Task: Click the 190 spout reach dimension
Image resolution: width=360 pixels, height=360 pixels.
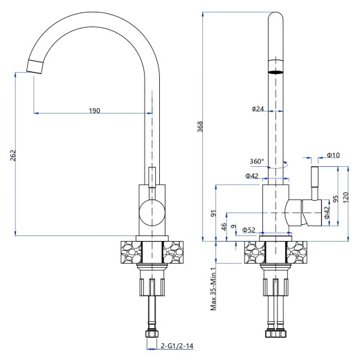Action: coord(95,111)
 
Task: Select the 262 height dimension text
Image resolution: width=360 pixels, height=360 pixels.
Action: coord(13,155)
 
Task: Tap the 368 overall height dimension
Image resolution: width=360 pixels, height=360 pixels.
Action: coord(200,127)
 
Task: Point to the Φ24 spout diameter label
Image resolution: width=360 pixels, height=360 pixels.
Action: coord(258,109)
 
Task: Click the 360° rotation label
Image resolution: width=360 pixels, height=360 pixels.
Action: coord(257,161)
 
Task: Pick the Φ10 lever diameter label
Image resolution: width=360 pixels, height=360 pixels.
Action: coord(334,155)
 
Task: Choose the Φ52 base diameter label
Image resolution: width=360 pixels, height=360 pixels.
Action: coord(249,230)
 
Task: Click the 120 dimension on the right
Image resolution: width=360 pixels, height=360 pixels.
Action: coord(345,197)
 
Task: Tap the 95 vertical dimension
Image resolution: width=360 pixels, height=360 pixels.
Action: coord(336,199)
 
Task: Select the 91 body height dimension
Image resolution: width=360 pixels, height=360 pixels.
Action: coord(214,213)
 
